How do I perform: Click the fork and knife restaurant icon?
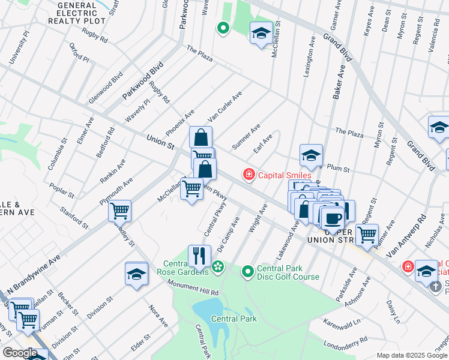(199, 256)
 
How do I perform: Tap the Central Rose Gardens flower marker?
(218, 266)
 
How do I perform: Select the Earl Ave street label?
(262, 144)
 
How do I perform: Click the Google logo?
(20, 353)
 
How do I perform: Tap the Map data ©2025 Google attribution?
(411, 355)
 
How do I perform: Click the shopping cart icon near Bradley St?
(120, 210)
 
